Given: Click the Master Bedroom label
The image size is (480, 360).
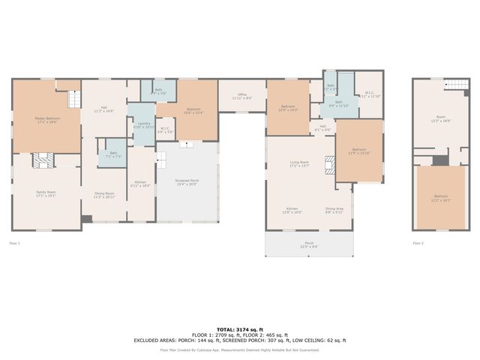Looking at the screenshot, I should (46, 118).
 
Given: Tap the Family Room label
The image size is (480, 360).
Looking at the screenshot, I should (46, 193).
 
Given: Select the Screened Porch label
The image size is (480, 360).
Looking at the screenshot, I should (187, 184).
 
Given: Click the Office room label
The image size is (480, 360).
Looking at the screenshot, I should (242, 96).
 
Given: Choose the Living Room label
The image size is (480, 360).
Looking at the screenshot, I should (299, 163).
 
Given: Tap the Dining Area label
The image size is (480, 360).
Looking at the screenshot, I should (334, 210).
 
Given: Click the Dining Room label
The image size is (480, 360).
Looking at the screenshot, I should (104, 195).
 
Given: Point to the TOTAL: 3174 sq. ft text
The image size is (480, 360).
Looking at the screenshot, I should (240, 329).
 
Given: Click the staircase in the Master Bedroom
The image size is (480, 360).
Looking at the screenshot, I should (73, 99).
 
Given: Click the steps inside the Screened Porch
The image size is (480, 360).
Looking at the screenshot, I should (160, 158).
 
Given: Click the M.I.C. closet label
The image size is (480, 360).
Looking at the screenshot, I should (369, 95).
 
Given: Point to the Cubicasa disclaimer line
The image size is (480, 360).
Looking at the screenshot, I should (240, 349).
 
